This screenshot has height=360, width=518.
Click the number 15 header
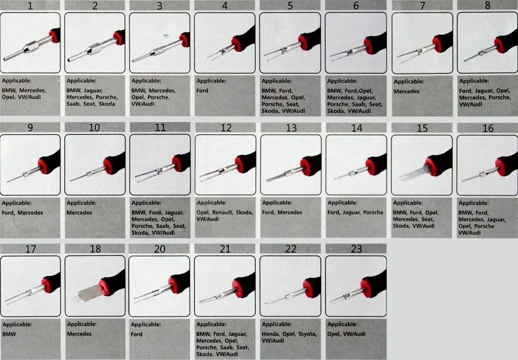(422, 128)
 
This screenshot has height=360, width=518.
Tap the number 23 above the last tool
(356, 249)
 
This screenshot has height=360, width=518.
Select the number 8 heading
(487, 5)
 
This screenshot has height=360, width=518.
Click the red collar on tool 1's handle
(54, 36)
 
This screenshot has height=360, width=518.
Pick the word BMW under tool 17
(9, 334)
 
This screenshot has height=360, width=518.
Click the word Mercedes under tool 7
(406, 92)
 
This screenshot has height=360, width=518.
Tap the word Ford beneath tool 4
(202, 91)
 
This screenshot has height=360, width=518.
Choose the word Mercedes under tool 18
(79, 334)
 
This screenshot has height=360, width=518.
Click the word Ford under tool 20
(136, 334)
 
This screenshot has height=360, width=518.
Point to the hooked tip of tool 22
(266, 303)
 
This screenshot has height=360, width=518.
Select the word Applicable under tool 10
(82, 203)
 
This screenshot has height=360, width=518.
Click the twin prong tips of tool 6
(332, 57)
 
